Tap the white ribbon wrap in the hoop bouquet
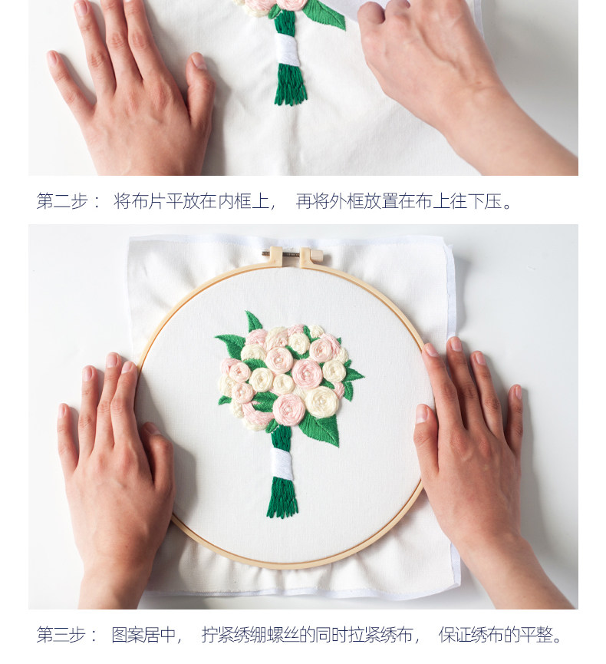coord(282,464)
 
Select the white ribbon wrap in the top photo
coord(287,50)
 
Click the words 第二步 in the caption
coord(62,201)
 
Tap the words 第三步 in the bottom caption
coord(61,635)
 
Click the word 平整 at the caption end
coord(537,635)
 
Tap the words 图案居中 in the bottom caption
coord(144,635)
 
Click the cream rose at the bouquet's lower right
coord(322,402)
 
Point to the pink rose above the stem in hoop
coord(288,408)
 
